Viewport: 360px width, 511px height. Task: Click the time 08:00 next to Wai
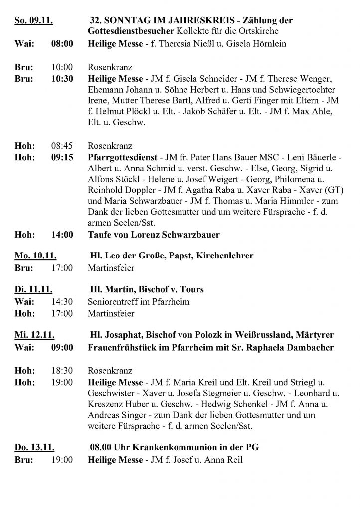tap(62, 44)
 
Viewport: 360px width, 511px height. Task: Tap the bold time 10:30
tap(62, 79)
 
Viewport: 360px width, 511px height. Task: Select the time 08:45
tap(62, 147)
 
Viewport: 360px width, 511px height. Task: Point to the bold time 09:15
tap(62, 158)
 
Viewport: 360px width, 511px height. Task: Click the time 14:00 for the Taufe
tap(62, 234)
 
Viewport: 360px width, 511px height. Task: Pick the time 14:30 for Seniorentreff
tap(62, 302)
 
